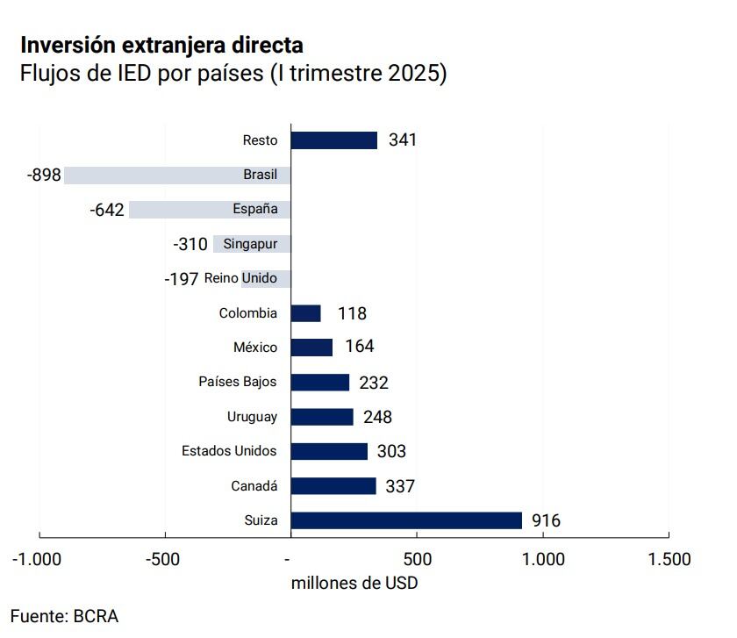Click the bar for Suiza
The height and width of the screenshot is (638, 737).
405,520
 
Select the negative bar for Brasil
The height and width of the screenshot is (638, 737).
175,175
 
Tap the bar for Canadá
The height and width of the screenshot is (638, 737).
333,486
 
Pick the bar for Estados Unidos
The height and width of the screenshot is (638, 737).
328,451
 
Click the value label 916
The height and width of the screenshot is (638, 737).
546,521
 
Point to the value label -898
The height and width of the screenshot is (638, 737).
44,176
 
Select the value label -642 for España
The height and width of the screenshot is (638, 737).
106,210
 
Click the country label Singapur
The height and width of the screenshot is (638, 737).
250,244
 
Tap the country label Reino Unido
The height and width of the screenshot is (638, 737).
240,278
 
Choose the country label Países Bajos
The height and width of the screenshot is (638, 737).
238,382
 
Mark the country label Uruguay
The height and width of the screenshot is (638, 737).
252,417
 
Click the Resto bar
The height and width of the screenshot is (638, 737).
333,140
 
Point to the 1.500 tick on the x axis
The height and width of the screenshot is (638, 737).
669,559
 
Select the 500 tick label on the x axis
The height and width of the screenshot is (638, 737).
417,559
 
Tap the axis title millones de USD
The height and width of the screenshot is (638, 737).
354,583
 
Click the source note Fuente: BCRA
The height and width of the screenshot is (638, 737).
64,616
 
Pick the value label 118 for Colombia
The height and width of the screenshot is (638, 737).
352,313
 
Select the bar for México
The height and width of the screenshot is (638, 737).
311,348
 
